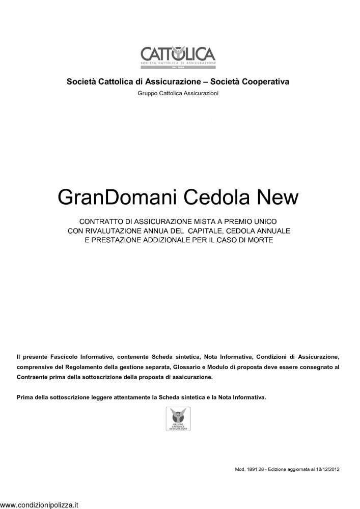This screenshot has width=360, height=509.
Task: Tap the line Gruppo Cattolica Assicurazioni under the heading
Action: [178, 93]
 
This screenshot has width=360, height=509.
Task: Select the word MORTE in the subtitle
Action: [260, 239]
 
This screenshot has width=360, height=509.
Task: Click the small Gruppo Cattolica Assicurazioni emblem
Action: [178, 418]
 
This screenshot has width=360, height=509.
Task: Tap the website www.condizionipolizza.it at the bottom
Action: [39, 505]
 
